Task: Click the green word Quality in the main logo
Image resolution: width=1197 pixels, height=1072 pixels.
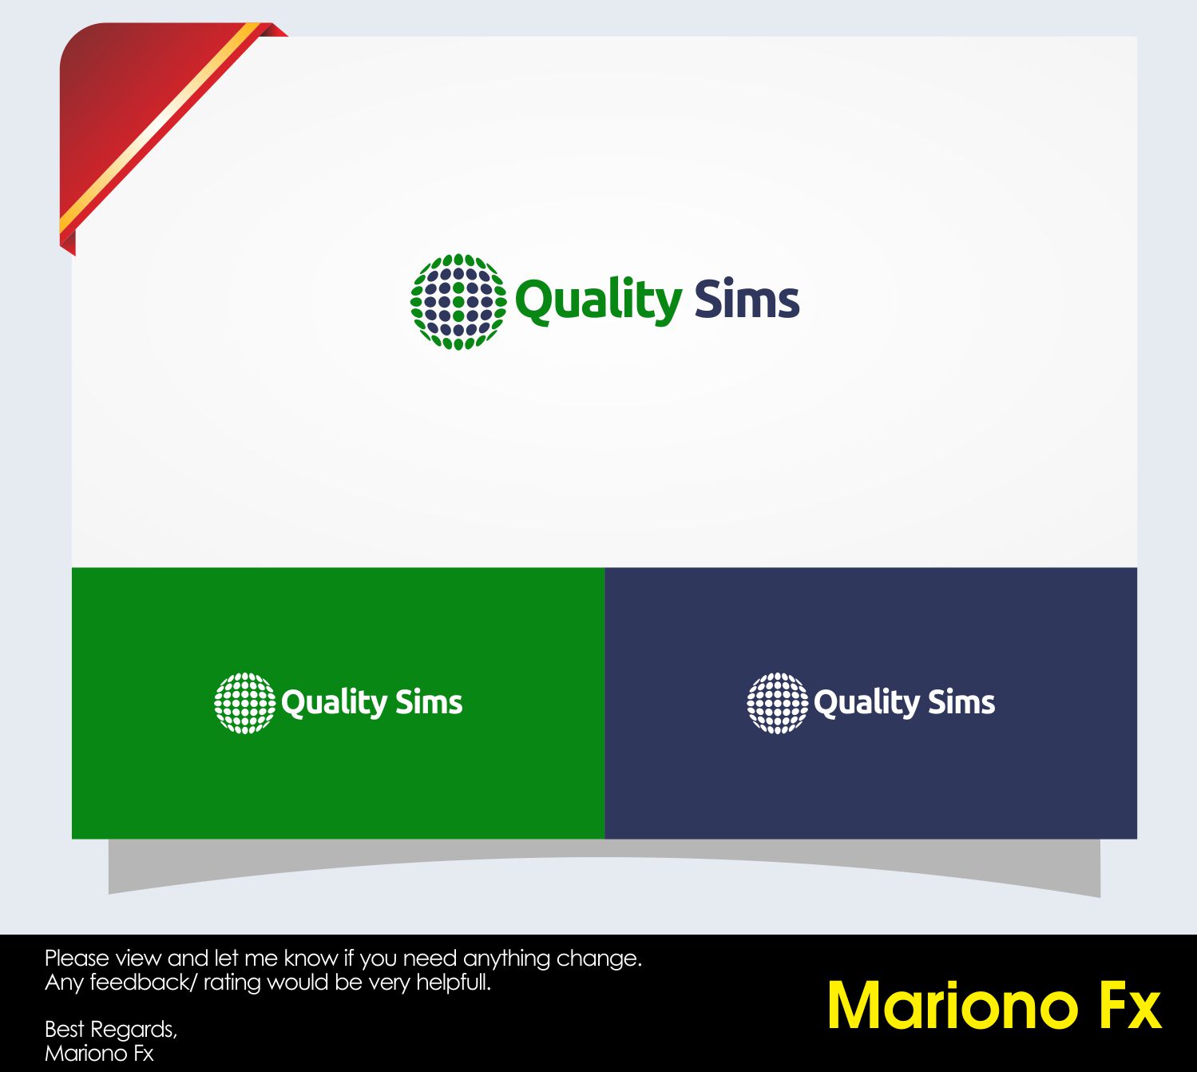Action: [x=599, y=301]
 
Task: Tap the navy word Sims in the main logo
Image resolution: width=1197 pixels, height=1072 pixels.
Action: [x=747, y=298]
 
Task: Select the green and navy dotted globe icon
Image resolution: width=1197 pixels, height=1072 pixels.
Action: [x=458, y=302]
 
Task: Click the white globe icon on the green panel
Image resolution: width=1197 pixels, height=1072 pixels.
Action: [x=244, y=703]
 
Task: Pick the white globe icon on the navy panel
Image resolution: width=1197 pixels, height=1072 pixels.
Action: [x=778, y=703]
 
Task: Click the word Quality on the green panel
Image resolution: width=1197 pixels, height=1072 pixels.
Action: [x=335, y=703]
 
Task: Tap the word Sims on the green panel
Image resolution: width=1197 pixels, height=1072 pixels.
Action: [x=429, y=702]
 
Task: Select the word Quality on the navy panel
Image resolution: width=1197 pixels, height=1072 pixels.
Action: [x=866, y=703]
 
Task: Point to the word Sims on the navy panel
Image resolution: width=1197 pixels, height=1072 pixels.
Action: [x=962, y=702]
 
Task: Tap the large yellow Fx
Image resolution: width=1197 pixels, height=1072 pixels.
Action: [x=1130, y=1006]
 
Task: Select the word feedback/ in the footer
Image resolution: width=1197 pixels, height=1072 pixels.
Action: [x=144, y=983]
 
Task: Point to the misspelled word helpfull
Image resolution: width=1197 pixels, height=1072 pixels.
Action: [x=454, y=983]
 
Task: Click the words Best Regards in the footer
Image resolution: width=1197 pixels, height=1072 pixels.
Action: [x=111, y=1030]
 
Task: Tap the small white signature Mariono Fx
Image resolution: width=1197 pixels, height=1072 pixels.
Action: [x=99, y=1053]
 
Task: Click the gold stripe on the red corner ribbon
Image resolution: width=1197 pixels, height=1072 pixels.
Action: [x=161, y=126]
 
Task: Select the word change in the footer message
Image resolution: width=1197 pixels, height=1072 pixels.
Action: [x=599, y=959]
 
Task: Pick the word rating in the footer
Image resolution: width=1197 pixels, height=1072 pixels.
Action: [x=232, y=983]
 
